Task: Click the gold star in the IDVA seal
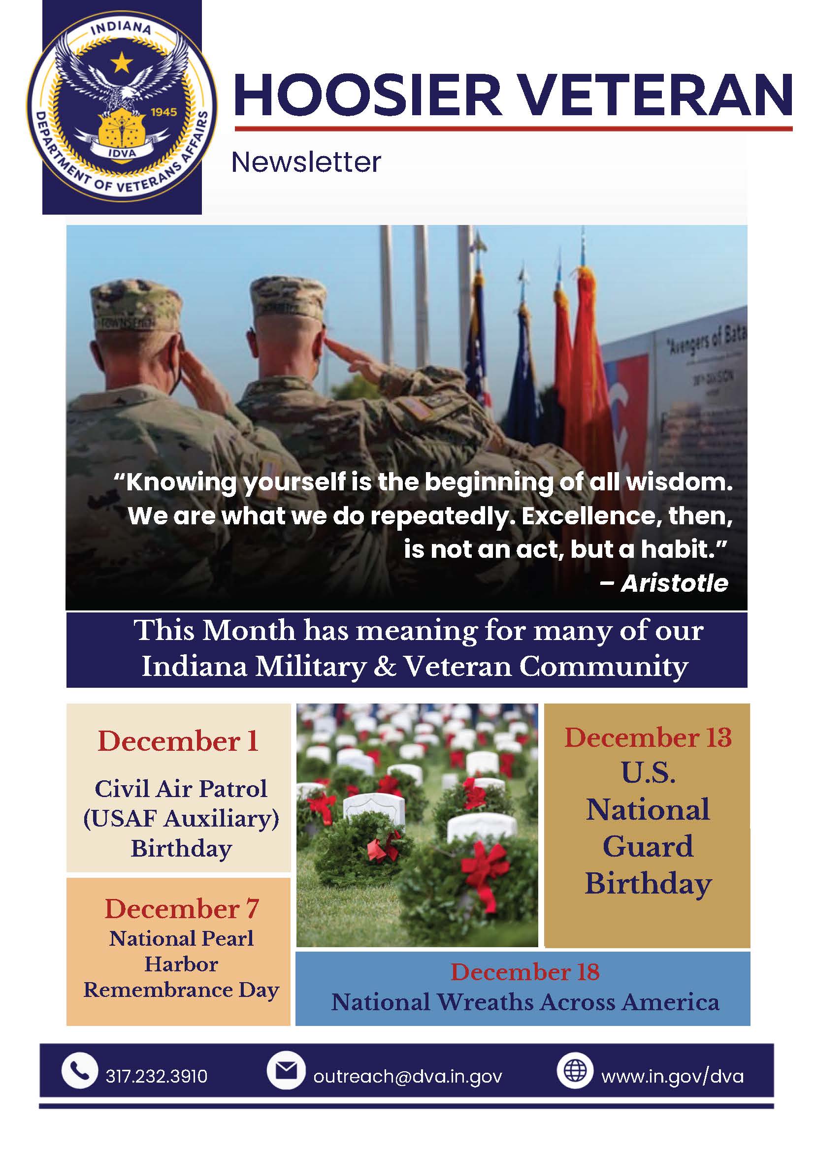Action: pos(122,63)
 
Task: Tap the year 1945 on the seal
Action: pos(163,112)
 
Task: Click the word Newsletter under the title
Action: pos(306,162)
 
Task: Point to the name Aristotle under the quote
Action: pos(675,583)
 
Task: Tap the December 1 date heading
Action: pos(178,741)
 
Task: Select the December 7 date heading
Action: pos(182,909)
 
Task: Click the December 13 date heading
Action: pos(648,737)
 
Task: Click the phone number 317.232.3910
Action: pos(157,1076)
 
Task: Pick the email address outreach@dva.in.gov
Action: pos(408,1076)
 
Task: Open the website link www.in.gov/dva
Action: pos(673,1076)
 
